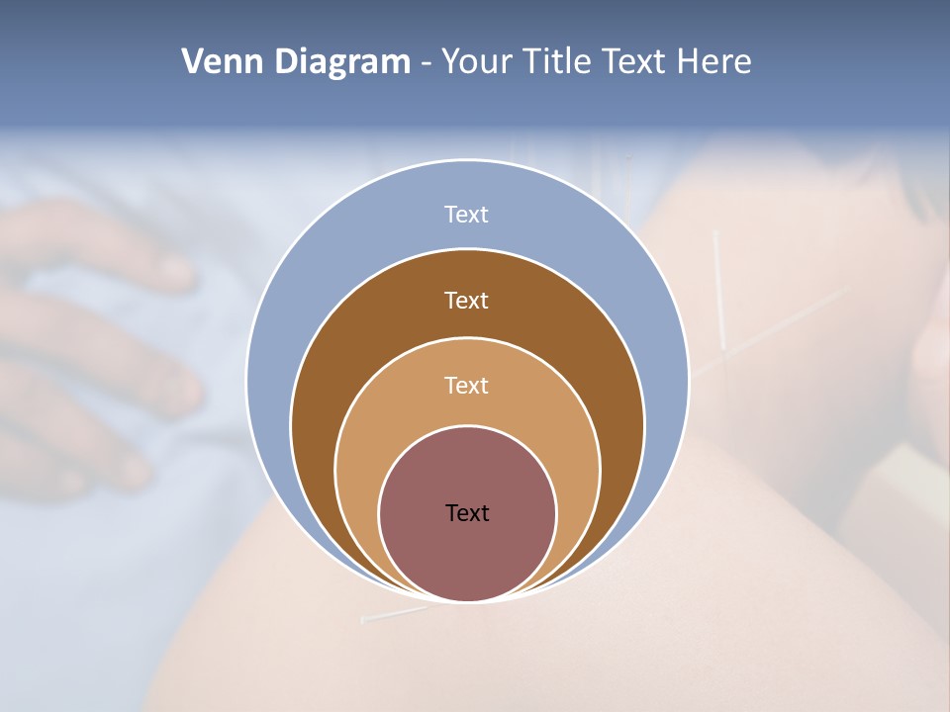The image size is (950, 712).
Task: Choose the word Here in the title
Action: click(x=713, y=62)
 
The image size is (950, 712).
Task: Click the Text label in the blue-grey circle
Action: click(x=467, y=215)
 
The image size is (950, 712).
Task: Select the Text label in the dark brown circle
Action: click(x=467, y=300)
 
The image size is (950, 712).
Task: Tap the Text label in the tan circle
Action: click(x=467, y=385)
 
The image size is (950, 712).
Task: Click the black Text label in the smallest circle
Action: click(x=467, y=513)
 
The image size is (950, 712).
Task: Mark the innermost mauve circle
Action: click(x=467, y=554)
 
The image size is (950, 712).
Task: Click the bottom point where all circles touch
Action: click(x=467, y=600)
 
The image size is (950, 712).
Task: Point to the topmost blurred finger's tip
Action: click(x=178, y=272)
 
